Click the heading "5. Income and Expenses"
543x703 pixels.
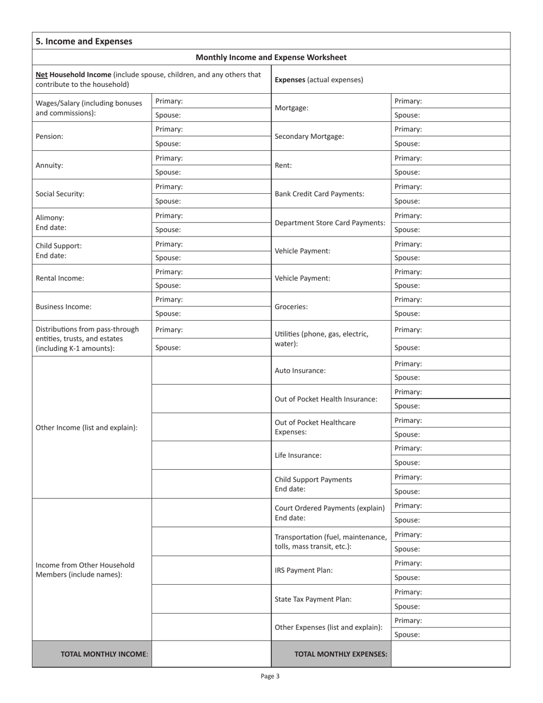click(84, 41)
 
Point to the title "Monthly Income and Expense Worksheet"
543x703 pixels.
click(271, 57)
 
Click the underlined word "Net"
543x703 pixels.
click(42, 74)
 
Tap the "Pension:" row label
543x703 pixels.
click(49, 137)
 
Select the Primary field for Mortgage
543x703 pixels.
click(450, 101)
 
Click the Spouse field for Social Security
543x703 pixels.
click(211, 201)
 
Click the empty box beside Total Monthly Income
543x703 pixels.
click(211, 654)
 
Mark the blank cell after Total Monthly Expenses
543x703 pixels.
click(450, 654)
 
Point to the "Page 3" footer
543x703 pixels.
click(270, 676)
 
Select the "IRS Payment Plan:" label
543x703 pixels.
click(304, 570)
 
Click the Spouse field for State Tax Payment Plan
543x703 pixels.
click(450, 606)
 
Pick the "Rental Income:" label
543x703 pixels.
click(60, 278)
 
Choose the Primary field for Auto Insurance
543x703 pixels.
click(450, 364)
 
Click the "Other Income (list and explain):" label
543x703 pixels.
click(87, 427)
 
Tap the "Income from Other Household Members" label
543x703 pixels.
click(85, 570)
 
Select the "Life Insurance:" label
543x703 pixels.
click(298, 456)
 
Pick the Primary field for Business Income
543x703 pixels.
click(211, 299)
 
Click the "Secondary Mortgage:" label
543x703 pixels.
click(309, 137)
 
